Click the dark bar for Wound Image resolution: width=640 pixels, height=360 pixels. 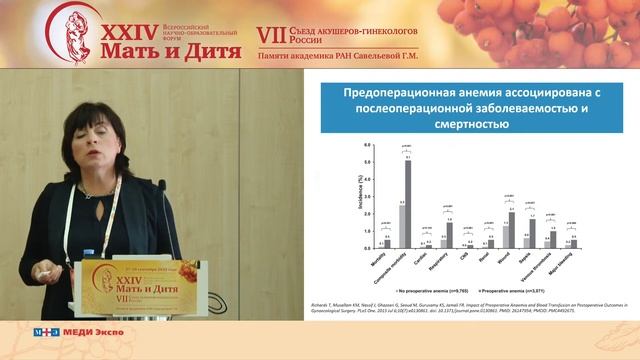(512, 229)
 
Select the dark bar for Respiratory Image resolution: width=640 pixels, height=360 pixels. (450, 234)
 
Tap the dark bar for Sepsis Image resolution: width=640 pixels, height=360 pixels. (533, 233)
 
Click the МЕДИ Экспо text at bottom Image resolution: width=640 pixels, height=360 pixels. (86, 332)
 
